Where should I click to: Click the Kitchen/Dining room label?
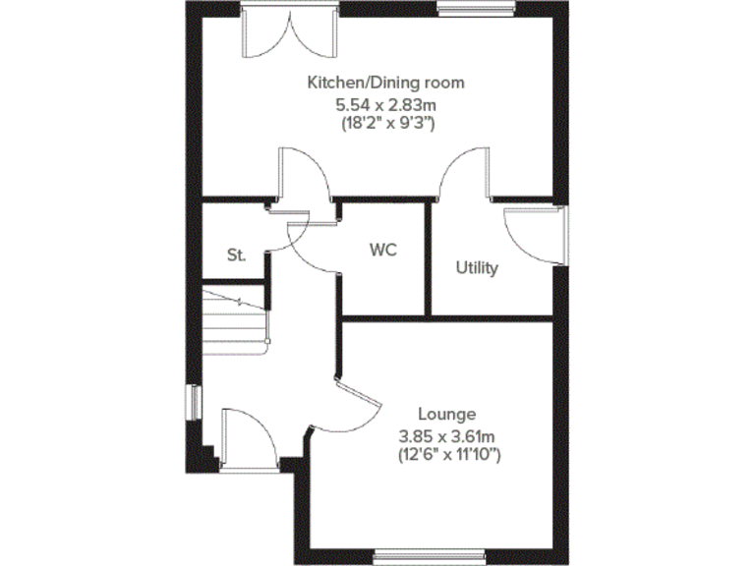[x=385, y=83]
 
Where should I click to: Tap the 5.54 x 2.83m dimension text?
[x=385, y=103]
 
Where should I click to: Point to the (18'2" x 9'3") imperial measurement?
[x=385, y=123]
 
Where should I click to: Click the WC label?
[x=382, y=250]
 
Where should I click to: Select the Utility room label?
[x=477, y=267]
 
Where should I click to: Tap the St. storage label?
[x=236, y=255]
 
